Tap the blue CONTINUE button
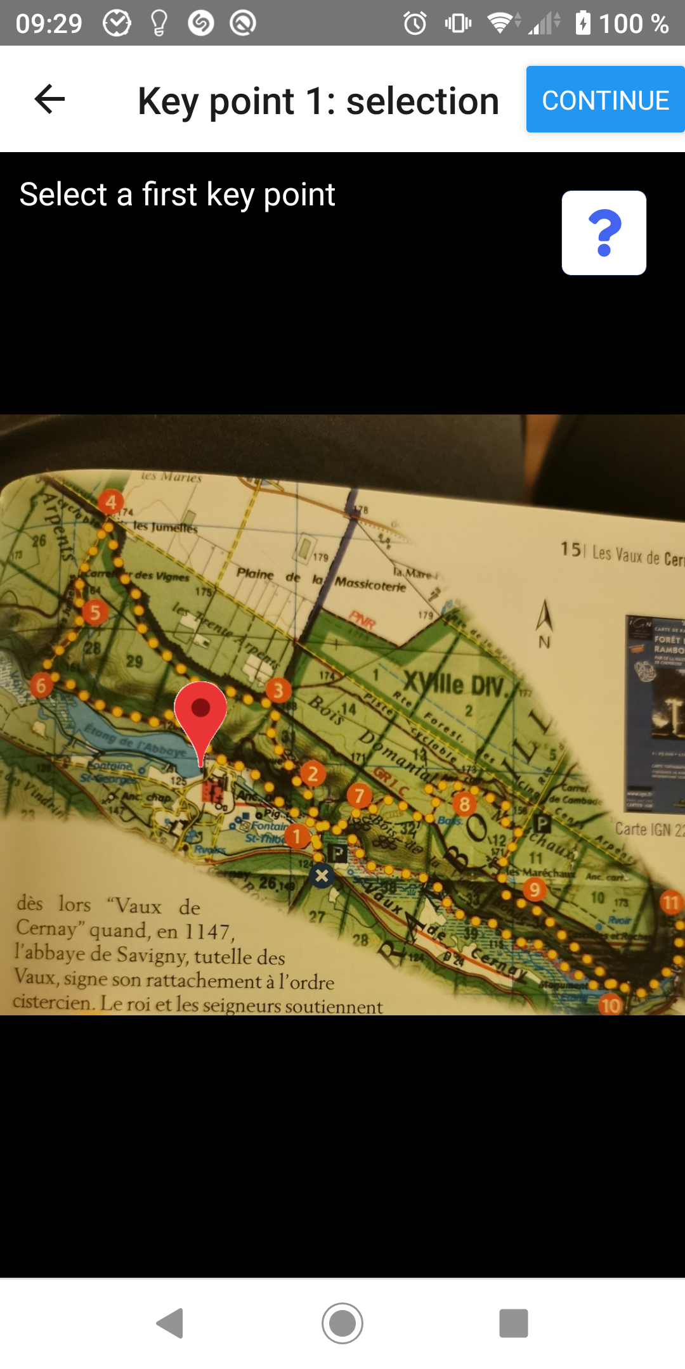[605, 100]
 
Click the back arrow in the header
[49, 100]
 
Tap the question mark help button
[604, 233]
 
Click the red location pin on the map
[200, 713]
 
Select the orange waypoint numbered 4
[111, 502]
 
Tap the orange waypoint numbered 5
[95, 612]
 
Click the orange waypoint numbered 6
[41, 684]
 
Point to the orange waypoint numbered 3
[278, 690]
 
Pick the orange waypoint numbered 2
[313, 774]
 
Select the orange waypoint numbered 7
[360, 795]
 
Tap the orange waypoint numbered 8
[464, 804]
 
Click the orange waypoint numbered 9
[535, 890]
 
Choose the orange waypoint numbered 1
[296, 836]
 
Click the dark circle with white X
[322, 876]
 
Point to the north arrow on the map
[544, 618]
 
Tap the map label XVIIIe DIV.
[454, 684]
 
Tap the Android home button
[342, 1323]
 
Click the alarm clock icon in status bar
[415, 23]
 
